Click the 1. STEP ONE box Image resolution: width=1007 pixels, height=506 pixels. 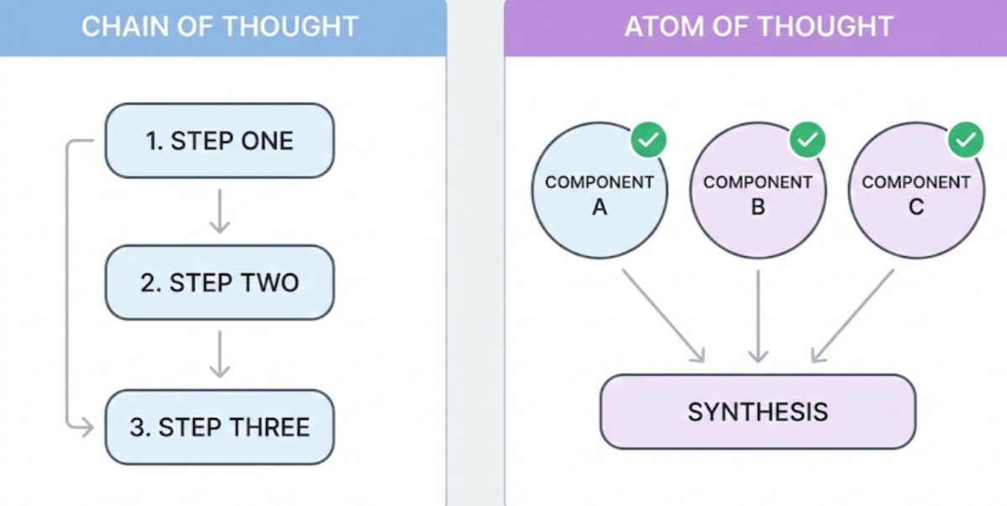(219, 140)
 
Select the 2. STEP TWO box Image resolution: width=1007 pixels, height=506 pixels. (219, 283)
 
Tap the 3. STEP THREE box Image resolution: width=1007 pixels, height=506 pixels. (219, 426)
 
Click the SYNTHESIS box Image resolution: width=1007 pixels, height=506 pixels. (758, 411)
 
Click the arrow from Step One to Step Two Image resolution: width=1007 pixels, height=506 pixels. (219, 211)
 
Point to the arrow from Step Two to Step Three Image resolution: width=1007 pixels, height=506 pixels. (219, 354)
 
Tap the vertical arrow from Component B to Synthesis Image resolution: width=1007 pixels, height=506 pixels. (758, 316)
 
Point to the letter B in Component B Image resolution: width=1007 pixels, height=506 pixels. (758, 206)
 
